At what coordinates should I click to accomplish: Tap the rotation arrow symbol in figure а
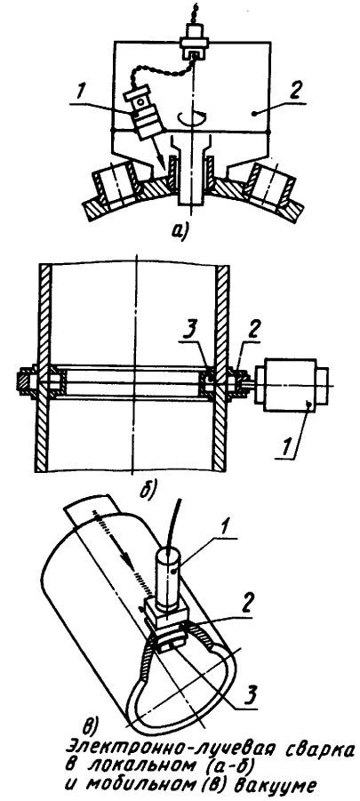coord(189,119)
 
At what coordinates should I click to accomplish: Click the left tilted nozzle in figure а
coord(114,186)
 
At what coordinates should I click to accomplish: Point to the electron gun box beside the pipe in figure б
coord(290,384)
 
